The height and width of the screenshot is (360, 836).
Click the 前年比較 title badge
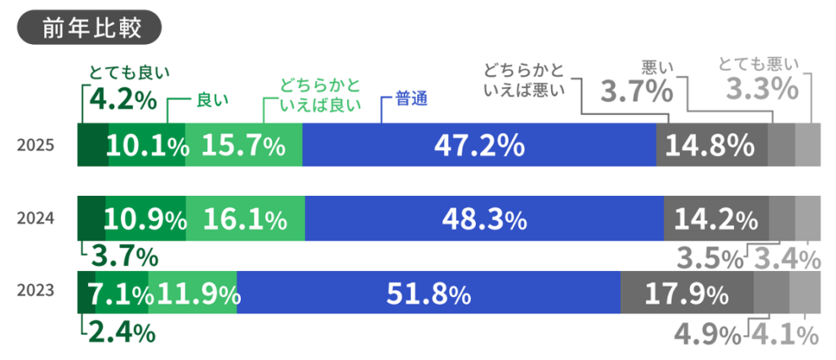[x=90, y=27]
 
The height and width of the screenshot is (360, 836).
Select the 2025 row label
[x=37, y=146]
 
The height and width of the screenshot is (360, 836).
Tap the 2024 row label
[x=37, y=219]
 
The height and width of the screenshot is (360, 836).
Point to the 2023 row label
[x=37, y=291]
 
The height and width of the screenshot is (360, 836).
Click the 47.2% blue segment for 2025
[x=479, y=146]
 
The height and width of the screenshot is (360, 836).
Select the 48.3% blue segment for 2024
[x=484, y=219]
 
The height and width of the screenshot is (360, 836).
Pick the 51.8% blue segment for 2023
[x=429, y=292]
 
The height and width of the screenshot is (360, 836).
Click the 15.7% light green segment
[x=243, y=146]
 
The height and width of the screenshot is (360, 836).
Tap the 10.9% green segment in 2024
[x=145, y=219]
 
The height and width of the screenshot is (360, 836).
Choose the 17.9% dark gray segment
[x=687, y=292]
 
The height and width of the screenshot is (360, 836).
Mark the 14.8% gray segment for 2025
[x=712, y=146]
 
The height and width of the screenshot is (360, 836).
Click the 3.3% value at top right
[x=763, y=89]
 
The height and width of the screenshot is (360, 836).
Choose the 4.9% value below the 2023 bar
[x=708, y=334]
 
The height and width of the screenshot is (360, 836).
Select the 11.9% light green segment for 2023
[x=194, y=292]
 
